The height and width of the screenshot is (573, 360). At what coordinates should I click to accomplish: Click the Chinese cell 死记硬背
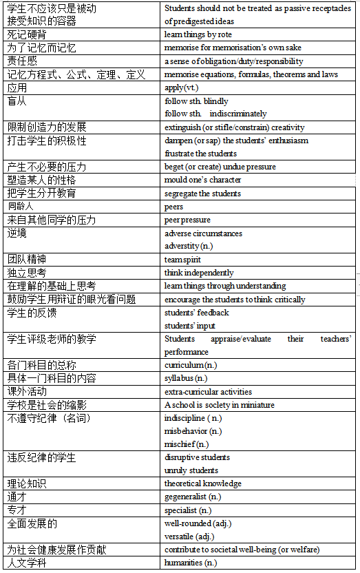point(28,34)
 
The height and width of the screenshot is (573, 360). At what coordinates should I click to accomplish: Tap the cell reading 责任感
point(23,61)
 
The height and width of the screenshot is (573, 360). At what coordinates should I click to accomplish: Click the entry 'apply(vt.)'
point(184,88)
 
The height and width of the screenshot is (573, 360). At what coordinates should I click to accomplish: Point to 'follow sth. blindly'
point(196,101)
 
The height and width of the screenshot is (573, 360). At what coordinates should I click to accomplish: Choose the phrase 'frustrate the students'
point(200,154)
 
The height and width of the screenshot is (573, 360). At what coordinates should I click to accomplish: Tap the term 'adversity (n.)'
point(191,246)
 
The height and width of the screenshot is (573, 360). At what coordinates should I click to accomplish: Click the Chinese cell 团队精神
point(28,260)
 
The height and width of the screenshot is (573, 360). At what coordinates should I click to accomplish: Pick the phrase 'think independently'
point(199,273)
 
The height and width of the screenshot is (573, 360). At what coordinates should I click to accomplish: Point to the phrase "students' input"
point(190,326)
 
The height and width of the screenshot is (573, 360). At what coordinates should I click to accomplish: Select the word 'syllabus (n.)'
point(186,378)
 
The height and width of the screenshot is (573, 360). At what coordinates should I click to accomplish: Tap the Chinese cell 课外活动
point(28,391)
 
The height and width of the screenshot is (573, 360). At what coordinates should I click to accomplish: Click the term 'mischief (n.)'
point(187,444)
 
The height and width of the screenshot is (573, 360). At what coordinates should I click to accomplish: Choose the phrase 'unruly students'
point(191,470)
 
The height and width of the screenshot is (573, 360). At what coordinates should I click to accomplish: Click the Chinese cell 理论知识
point(28,483)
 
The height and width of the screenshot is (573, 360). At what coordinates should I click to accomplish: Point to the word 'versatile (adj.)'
point(189,536)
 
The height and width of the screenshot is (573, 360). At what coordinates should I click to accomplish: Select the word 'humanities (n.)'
point(191,563)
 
